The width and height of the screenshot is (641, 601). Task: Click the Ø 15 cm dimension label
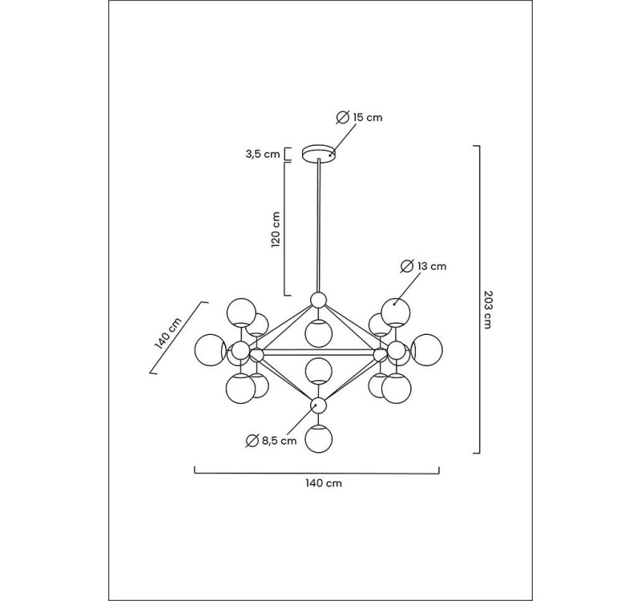[359, 117]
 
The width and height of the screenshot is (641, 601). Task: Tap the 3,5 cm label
[263, 154]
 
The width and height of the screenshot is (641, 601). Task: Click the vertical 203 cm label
[489, 308]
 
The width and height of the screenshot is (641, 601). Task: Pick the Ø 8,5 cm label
[272, 440]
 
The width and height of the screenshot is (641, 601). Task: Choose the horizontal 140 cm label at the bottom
[318, 484]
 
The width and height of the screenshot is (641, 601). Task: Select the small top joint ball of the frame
[319, 300]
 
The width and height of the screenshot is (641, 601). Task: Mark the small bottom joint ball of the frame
[319, 404]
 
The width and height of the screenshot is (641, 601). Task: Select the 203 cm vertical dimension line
[478, 300]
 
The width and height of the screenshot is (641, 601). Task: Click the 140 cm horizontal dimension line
[317, 472]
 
